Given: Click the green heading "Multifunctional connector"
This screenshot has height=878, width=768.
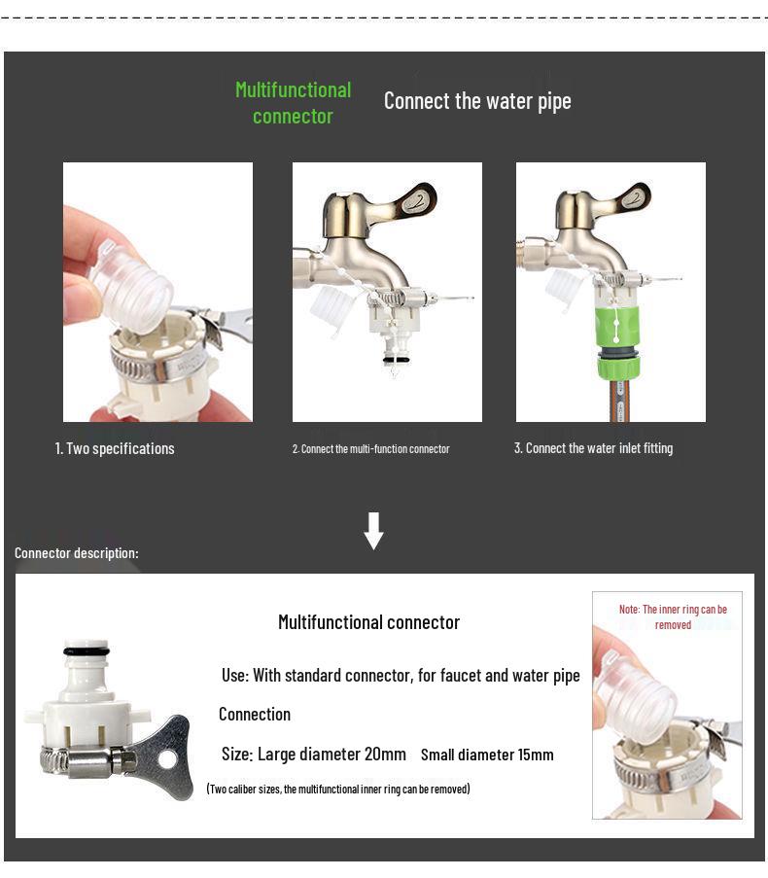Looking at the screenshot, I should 293,103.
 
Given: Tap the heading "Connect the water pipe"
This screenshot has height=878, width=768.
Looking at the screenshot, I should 477,101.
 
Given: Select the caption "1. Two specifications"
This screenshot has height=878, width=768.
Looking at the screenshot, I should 115,448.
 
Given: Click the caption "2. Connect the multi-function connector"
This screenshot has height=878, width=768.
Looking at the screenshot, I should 370,449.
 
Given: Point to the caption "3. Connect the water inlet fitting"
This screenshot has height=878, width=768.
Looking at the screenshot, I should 593,448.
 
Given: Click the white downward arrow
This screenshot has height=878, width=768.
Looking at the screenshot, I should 373,530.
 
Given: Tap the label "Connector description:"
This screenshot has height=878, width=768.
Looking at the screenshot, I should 77,553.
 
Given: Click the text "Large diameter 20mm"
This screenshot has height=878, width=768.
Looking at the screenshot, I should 332,755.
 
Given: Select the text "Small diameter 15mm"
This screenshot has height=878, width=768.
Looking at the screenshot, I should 487,755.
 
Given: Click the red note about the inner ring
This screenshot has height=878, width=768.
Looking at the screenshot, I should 673,617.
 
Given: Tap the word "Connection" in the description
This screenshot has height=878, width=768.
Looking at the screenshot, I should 255,715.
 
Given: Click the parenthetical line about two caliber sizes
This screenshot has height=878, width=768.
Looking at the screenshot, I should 337,789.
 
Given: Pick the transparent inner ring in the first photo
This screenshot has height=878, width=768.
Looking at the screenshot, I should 134,287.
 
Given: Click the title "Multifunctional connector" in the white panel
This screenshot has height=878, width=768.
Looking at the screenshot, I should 368,622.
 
